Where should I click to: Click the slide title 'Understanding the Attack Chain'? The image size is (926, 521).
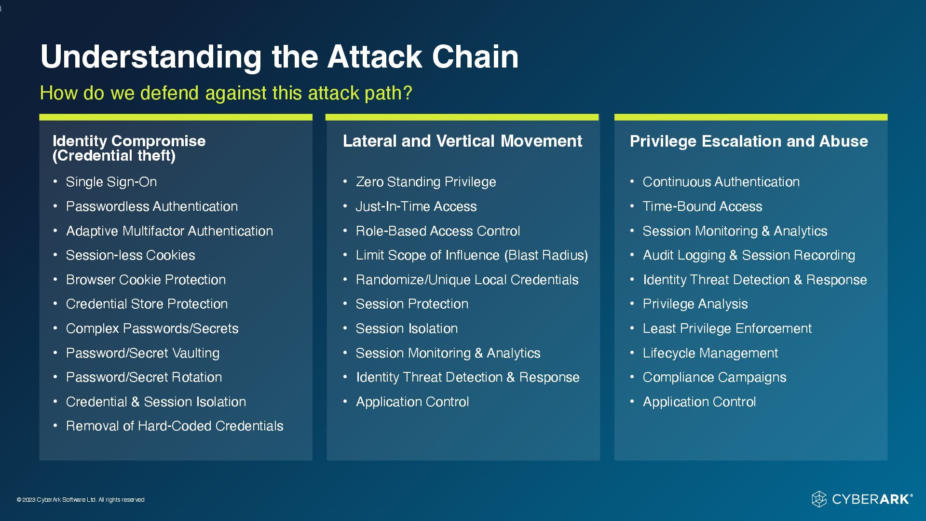click(279, 57)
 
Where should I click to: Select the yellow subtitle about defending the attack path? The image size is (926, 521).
click(226, 93)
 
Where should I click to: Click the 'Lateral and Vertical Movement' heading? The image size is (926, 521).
click(462, 141)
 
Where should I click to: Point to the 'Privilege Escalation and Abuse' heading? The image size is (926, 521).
click(749, 141)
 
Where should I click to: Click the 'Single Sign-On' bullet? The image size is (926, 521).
click(111, 182)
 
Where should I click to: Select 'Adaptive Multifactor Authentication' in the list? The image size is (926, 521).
click(169, 231)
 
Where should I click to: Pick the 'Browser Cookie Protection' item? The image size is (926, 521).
click(146, 280)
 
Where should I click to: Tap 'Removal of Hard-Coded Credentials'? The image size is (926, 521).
click(175, 426)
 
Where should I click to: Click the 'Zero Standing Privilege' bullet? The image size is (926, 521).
click(425, 182)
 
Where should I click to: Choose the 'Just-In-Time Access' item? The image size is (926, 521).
click(416, 206)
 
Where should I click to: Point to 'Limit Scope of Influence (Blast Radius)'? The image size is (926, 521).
click(471, 255)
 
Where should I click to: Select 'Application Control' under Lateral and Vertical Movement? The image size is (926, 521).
click(412, 402)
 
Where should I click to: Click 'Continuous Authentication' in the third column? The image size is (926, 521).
click(721, 182)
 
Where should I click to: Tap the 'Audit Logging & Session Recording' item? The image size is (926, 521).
click(749, 255)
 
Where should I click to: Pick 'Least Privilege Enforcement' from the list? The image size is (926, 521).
click(727, 329)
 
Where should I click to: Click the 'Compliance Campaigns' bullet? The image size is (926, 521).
click(714, 377)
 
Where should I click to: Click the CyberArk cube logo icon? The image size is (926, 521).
click(819, 499)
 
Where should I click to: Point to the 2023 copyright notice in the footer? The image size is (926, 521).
click(81, 500)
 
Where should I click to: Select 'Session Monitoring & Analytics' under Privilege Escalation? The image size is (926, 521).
click(735, 231)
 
